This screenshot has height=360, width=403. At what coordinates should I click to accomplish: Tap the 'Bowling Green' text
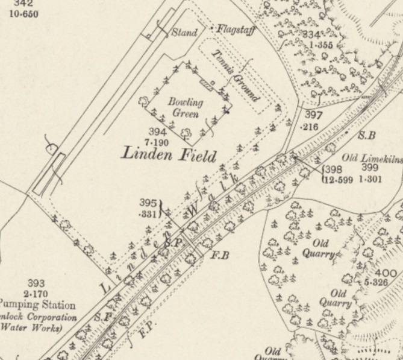186,107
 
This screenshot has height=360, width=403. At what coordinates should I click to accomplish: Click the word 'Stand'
184,33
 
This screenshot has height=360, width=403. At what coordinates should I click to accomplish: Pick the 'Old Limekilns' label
369,159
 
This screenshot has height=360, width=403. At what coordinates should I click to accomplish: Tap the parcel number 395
148,203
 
